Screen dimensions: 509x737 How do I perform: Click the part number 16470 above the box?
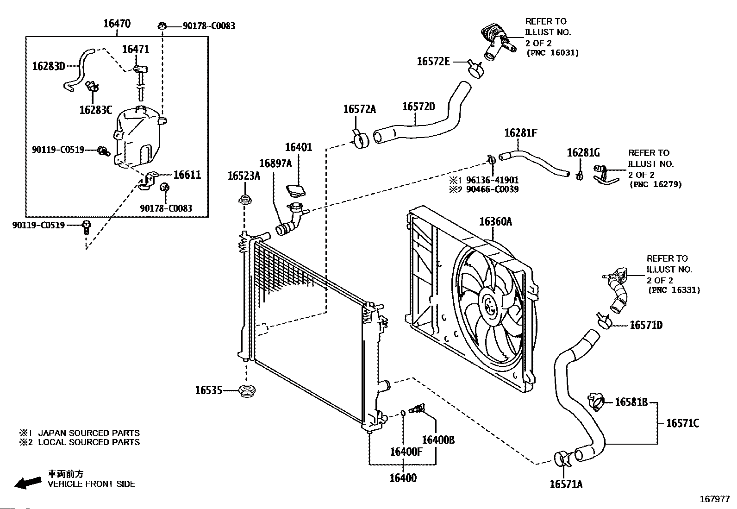[117, 24]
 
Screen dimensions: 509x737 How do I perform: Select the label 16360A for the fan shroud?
[495, 221]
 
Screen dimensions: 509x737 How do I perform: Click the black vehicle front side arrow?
[27, 482]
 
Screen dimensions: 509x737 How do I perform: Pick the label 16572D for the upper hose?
[418, 107]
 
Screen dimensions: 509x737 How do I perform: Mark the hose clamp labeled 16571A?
[562, 459]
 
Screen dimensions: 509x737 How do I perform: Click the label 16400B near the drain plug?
[438, 440]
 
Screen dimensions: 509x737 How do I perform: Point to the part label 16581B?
[631, 402]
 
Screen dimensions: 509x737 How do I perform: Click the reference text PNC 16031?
[552, 53]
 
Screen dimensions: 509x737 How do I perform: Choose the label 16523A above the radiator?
[244, 176]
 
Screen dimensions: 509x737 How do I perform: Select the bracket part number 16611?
[187, 175]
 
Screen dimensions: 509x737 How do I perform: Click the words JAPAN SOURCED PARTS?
[88, 433]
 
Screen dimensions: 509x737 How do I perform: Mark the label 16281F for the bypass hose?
[520, 133]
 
